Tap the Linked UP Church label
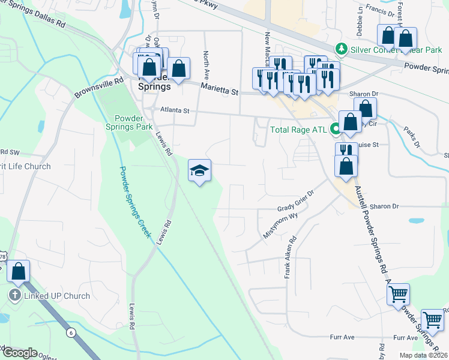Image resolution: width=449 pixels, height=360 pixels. (x=56, y=296)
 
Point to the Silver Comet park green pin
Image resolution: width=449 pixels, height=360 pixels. (x=342, y=47)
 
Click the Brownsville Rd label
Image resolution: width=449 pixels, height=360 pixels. (x=98, y=88)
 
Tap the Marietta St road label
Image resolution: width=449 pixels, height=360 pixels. (x=219, y=90)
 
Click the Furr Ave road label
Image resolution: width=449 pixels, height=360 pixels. (x=346, y=338)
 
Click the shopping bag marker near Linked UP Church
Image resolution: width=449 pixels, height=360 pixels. (x=18, y=272)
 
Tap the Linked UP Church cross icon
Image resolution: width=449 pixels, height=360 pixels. (x=15, y=296)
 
